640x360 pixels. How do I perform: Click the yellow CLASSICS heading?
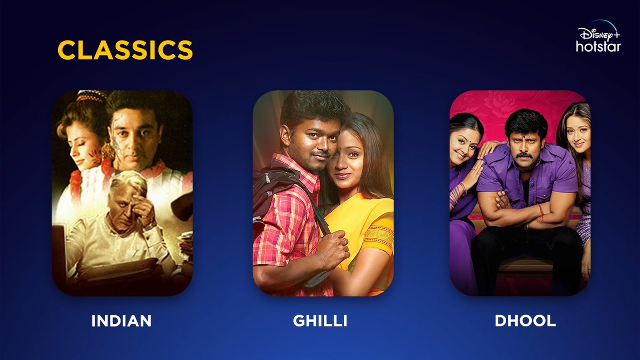pyautogui.click(x=125, y=50)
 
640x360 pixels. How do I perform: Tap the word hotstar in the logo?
pyautogui.click(x=598, y=47)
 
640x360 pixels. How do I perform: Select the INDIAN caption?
pyautogui.click(x=122, y=321)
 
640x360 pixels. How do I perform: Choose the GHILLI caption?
pyautogui.click(x=320, y=321)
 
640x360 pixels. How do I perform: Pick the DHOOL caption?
pyautogui.click(x=525, y=321)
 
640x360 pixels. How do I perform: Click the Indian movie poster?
pyautogui.click(x=122, y=193)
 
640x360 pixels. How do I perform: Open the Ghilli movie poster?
pyautogui.click(x=323, y=193)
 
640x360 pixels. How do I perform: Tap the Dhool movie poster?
pyautogui.click(x=519, y=193)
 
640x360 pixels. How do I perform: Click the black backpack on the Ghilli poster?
pyautogui.click(x=269, y=192)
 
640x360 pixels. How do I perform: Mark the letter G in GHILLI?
pyautogui.click(x=299, y=321)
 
